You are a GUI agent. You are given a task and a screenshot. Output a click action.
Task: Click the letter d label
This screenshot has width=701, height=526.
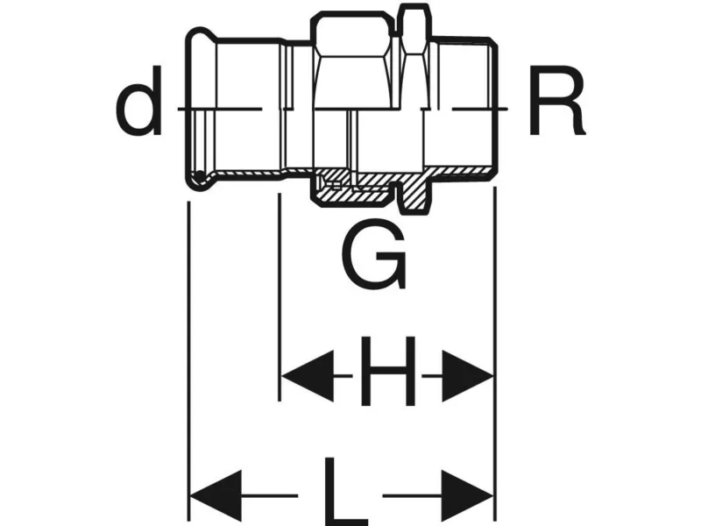tap(140, 108)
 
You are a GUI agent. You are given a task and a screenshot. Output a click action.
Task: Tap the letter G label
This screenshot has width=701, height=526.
tap(374, 255)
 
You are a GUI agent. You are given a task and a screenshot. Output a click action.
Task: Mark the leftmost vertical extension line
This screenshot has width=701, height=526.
tap(188, 351)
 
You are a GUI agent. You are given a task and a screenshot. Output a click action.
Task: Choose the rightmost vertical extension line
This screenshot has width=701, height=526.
tap(495, 351)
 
